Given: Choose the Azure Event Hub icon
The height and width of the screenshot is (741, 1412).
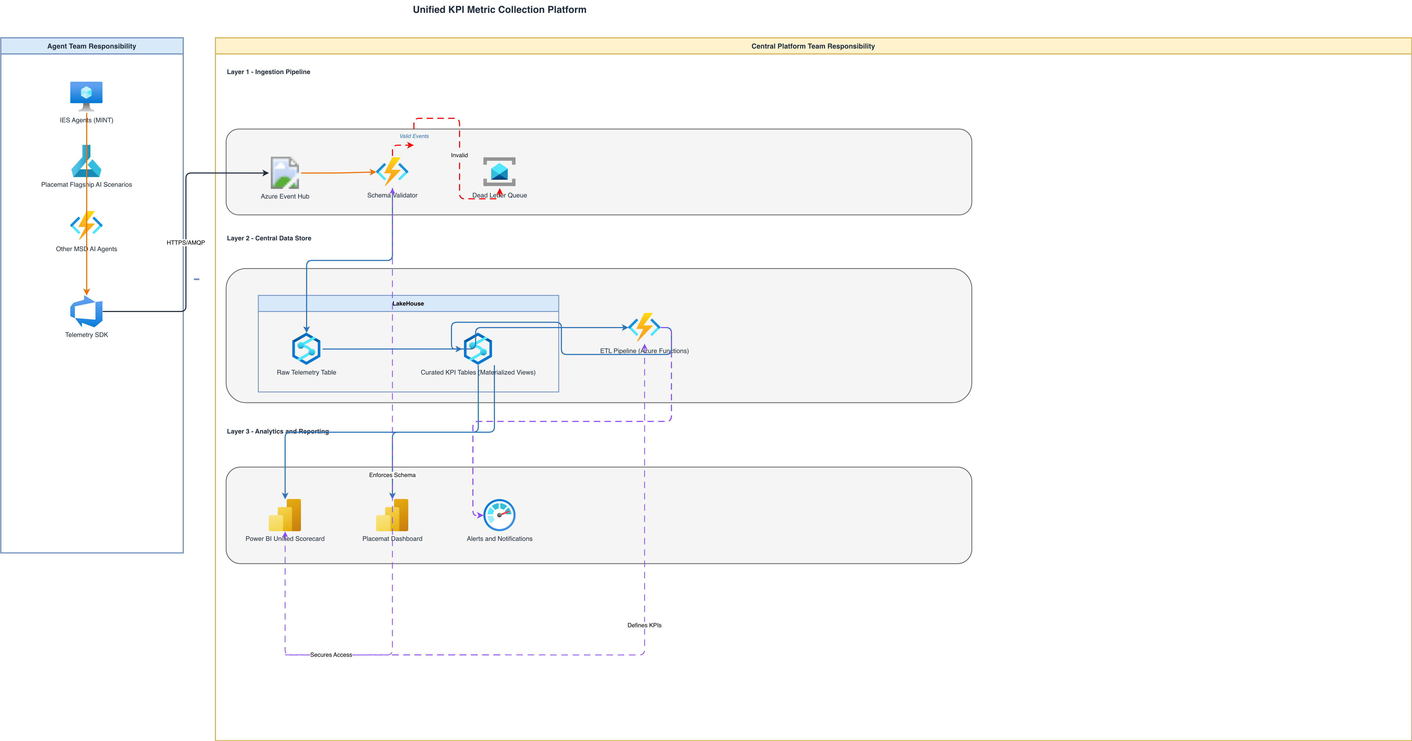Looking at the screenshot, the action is pyautogui.click(x=285, y=173).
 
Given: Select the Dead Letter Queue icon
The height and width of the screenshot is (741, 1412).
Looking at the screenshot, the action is pyautogui.click(x=499, y=171).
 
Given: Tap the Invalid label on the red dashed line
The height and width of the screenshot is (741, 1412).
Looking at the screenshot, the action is pyautogui.click(x=459, y=155).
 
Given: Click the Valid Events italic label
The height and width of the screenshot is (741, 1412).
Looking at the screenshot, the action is pyautogui.click(x=414, y=136).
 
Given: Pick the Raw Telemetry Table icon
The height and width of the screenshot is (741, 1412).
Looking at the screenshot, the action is pyautogui.click(x=306, y=349).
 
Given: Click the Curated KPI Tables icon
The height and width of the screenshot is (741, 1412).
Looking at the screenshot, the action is pyautogui.click(x=478, y=349).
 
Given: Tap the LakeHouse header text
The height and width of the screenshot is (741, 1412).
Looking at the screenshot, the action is pyautogui.click(x=408, y=304).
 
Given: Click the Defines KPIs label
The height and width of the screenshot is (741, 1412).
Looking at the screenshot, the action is pyautogui.click(x=645, y=625).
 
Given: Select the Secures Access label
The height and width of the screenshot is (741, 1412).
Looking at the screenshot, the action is pyautogui.click(x=331, y=655).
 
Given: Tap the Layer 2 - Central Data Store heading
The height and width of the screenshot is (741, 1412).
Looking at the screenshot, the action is pyautogui.click(x=269, y=239).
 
